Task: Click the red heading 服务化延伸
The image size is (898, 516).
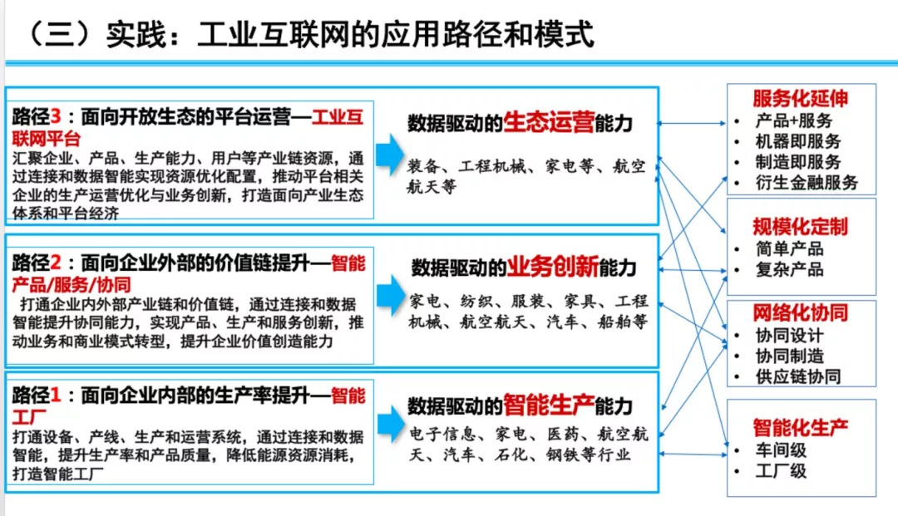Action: click(800, 98)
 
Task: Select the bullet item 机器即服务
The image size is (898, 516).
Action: click(797, 141)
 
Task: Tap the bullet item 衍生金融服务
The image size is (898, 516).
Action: click(807, 183)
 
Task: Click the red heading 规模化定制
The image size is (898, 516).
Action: click(800, 227)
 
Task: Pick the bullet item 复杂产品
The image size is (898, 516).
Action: click(789, 269)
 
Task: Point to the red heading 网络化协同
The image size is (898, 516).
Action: click(800, 313)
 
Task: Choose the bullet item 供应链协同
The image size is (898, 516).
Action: click(797, 376)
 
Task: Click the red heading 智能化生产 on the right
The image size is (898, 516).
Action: click(800, 427)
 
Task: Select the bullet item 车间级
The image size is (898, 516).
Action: click(781, 450)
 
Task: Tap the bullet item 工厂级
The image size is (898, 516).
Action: click(781, 471)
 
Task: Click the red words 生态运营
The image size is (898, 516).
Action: click(549, 122)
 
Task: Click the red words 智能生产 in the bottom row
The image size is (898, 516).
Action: click(549, 405)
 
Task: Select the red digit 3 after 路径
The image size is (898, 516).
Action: click(56, 116)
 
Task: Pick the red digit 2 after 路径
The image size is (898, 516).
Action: click(56, 263)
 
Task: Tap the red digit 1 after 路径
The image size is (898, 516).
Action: click(56, 395)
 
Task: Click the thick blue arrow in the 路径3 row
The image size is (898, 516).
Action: click(391, 155)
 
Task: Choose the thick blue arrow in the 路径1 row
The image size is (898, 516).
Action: click(391, 425)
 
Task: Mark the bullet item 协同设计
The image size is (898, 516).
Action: click(789, 335)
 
